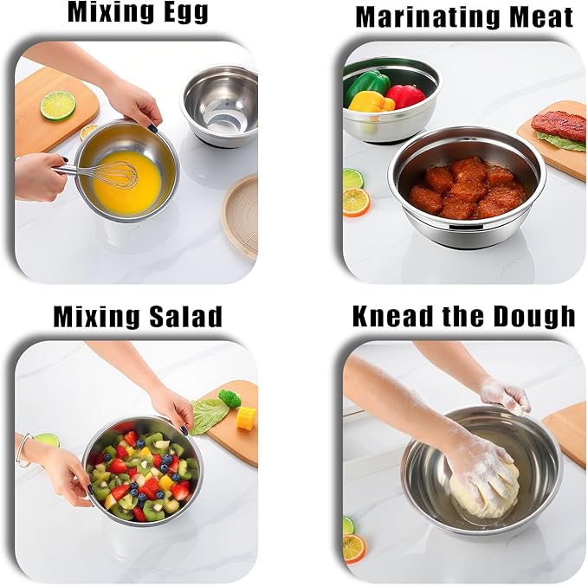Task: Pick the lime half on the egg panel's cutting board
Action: (x=57, y=106)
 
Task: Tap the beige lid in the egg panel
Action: (x=241, y=215)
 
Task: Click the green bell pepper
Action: (x=367, y=85)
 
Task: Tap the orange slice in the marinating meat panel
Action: (x=356, y=202)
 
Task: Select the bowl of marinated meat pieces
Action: (x=466, y=185)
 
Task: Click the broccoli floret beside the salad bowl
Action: (x=229, y=398)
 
